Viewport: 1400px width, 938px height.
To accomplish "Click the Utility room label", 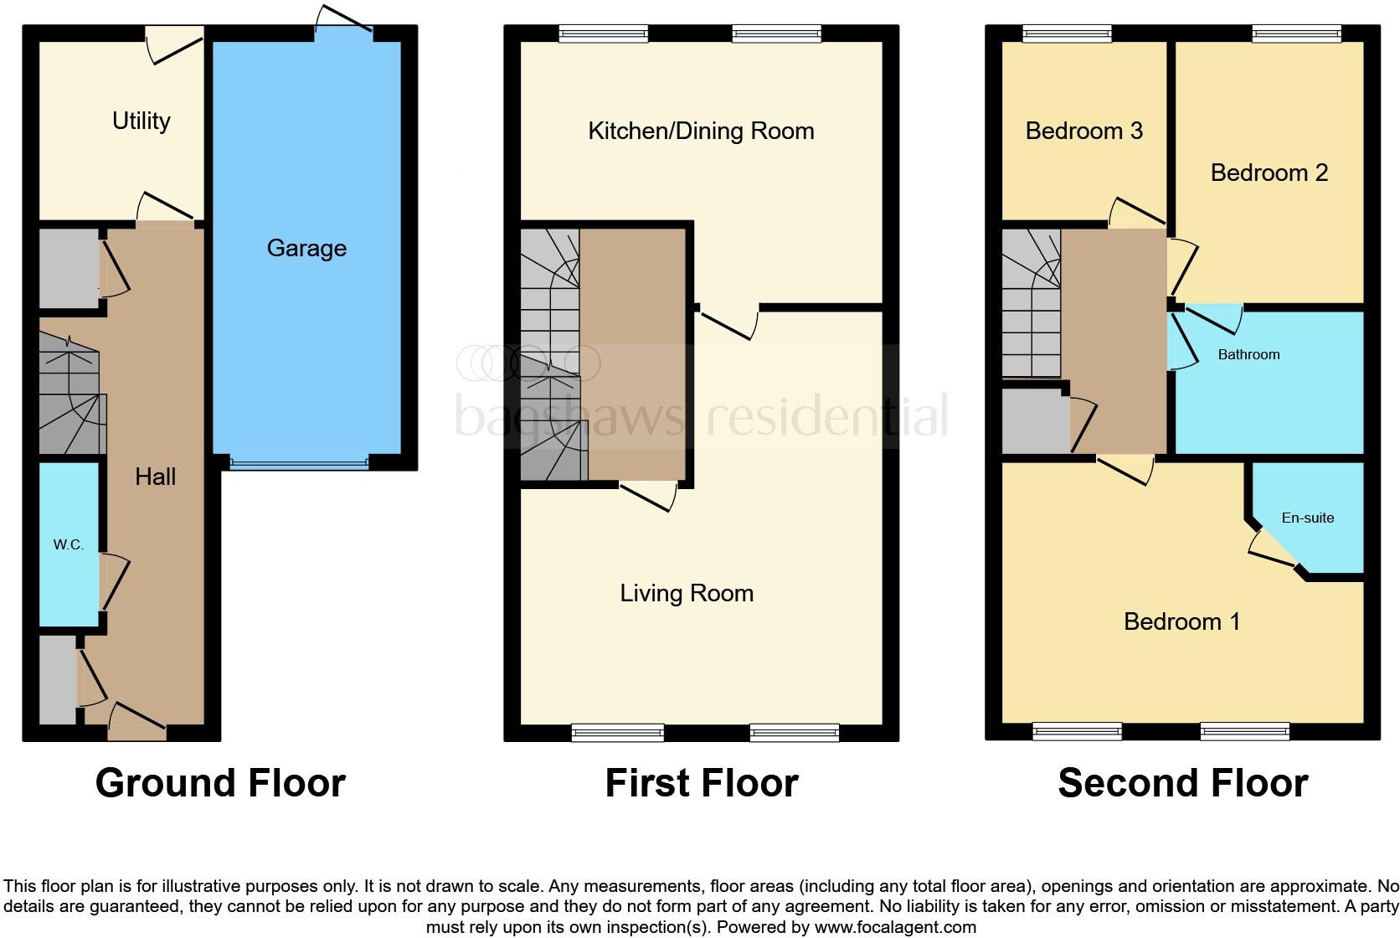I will pos(141,121).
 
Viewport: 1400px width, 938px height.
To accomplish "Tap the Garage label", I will pos(306,248).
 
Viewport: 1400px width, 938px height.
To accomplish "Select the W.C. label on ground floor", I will pos(68,544).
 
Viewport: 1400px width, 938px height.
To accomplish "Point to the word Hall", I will pos(155,477).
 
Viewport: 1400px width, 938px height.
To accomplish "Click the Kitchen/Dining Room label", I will pos(701,131).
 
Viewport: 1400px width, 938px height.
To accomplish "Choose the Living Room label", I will pos(687,593).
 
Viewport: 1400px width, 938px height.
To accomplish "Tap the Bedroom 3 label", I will pos(1083,131).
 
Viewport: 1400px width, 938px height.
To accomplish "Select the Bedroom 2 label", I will pos(1269,173).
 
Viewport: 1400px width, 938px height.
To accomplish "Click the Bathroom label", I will pos(1248,354).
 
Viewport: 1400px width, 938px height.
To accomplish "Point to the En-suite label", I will pos(1307,518).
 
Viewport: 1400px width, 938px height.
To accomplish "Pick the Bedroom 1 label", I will pos(1181,621).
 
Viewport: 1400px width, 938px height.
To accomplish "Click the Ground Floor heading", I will pos(220,783).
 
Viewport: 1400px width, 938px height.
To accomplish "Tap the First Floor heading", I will pos(702,783).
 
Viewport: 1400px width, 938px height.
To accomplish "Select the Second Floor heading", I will pos(1182,783).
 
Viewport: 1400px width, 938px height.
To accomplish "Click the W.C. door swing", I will pos(115,580).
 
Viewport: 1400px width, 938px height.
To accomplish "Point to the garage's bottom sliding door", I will pos(299,462).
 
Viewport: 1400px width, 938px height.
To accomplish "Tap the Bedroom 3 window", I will pos(1067,33).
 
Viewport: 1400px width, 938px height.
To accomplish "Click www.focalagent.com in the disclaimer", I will pos(894,927).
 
